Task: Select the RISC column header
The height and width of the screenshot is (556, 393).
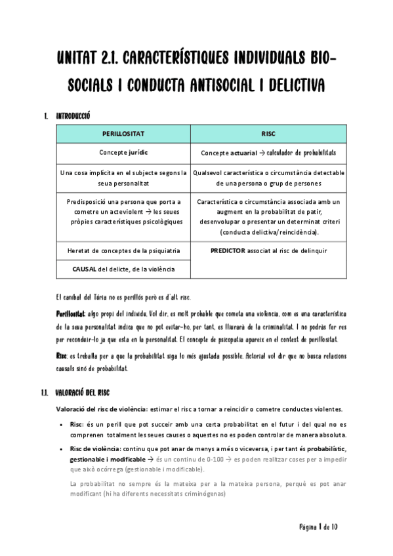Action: tap(268, 133)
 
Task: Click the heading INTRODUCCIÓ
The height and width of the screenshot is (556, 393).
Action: tap(72, 116)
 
